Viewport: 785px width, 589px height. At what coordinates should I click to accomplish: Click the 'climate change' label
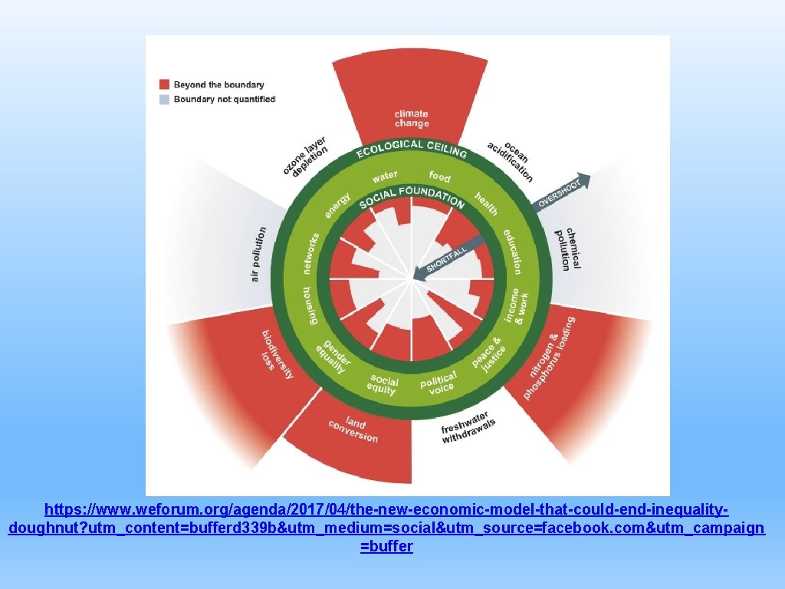click(412, 119)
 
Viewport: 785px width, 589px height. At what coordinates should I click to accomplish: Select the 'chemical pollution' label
click(569, 248)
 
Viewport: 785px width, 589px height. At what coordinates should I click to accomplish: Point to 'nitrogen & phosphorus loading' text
click(549, 358)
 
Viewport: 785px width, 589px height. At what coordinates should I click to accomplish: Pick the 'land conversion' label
click(353, 429)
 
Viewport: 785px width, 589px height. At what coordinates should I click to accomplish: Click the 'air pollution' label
click(258, 253)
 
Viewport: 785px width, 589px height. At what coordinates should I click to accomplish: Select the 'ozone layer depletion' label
click(305, 156)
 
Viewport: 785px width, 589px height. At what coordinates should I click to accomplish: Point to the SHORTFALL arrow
click(448, 258)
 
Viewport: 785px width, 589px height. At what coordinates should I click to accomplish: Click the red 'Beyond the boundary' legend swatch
click(164, 84)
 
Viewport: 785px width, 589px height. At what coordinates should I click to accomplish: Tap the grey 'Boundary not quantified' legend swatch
click(164, 100)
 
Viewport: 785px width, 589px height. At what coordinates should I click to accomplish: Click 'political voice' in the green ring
click(438, 382)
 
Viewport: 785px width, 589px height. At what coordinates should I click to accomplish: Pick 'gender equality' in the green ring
click(333, 354)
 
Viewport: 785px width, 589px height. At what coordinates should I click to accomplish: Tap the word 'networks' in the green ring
click(312, 253)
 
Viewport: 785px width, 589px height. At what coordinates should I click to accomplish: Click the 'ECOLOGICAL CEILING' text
click(412, 148)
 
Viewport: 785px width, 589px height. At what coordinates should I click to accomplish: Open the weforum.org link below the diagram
click(386, 528)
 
